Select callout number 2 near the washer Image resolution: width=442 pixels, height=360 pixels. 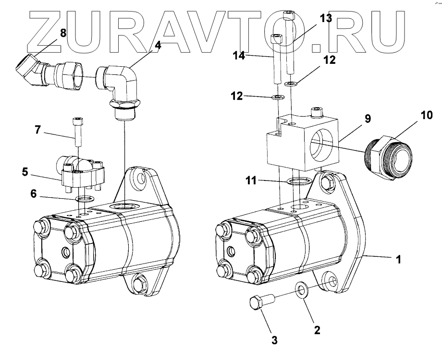tap(317, 330)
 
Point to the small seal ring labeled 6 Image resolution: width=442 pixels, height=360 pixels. tap(84, 199)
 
